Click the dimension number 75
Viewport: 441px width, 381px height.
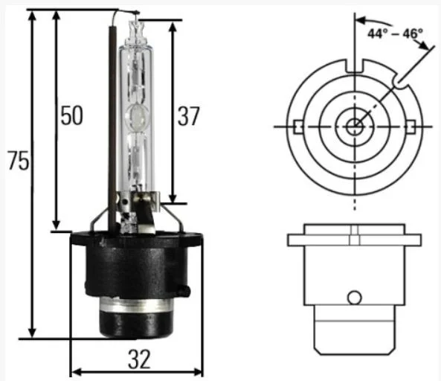click(x=19, y=161)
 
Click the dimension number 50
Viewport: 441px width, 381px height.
click(x=72, y=115)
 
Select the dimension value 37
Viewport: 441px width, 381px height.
click(x=188, y=115)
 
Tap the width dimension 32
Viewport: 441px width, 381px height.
click(x=139, y=359)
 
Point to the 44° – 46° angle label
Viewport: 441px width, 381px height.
click(x=395, y=33)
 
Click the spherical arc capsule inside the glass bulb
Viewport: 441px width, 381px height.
click(x=138, y=116)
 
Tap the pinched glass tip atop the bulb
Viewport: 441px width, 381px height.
click(x=136, y=31)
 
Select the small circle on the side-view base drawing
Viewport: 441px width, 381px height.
click(x=355, y=297)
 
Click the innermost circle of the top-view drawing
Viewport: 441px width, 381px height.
click(x=355, y=127)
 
